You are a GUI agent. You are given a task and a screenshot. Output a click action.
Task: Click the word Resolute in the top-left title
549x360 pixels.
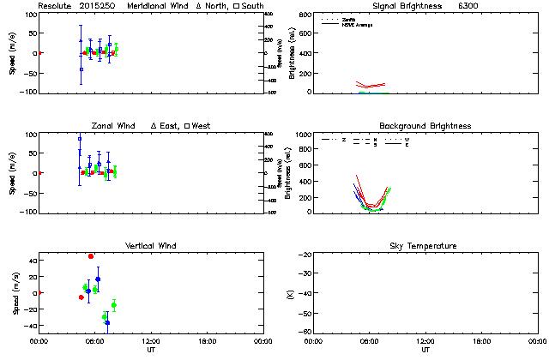(x=56, y=6)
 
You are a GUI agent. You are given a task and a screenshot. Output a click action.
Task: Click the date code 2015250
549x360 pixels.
(x=97, y=6)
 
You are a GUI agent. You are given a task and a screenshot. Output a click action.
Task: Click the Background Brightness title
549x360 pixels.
(x=425, y=126)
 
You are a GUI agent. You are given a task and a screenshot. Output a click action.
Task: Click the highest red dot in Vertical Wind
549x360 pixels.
(x=91, y=256)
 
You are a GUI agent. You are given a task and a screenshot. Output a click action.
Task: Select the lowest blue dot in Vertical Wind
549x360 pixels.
(x=107, y=322)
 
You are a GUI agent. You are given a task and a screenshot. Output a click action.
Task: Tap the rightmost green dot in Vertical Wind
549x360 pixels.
(x=114, y=305)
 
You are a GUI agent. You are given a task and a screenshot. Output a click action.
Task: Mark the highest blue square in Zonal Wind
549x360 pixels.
(x=80, y=139)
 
